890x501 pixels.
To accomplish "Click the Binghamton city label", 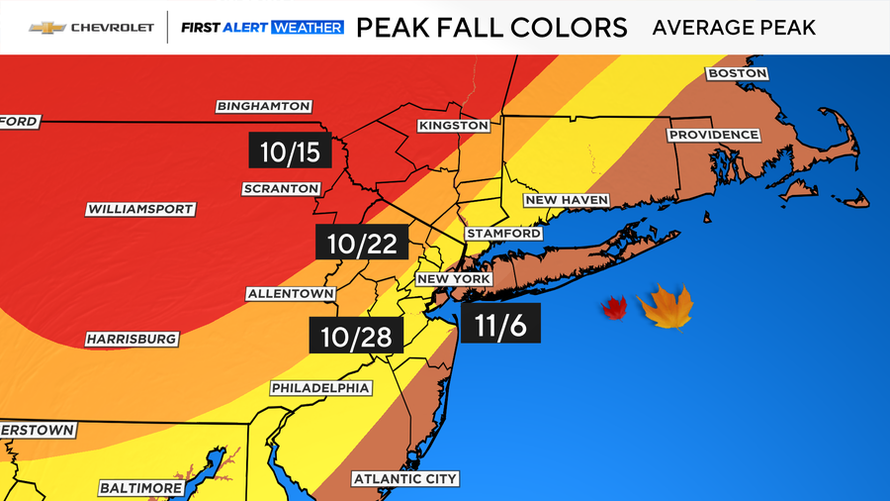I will click(264, 106).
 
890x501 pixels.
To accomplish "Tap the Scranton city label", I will click(282, 188).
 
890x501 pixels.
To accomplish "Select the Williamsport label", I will click(140, 209).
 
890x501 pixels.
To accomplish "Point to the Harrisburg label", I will click(132, 339).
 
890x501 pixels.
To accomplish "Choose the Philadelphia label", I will click(320, 388).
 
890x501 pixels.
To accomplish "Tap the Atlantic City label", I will click(405, 479).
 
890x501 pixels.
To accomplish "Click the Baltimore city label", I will click(141, 488).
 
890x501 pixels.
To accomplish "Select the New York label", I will click(454, 279).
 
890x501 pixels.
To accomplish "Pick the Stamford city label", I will click(504, 233).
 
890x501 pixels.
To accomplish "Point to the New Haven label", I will click(566, 200).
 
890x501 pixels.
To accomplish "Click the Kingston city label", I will click(454, 126).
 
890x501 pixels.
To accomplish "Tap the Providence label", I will click(714, 135).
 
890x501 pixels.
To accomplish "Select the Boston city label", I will click(737, 73).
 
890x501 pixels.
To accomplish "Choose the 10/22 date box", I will click(362, 242).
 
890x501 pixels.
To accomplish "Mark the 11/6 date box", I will click(499, 326).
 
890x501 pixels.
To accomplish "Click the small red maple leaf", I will click(614, 309).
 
